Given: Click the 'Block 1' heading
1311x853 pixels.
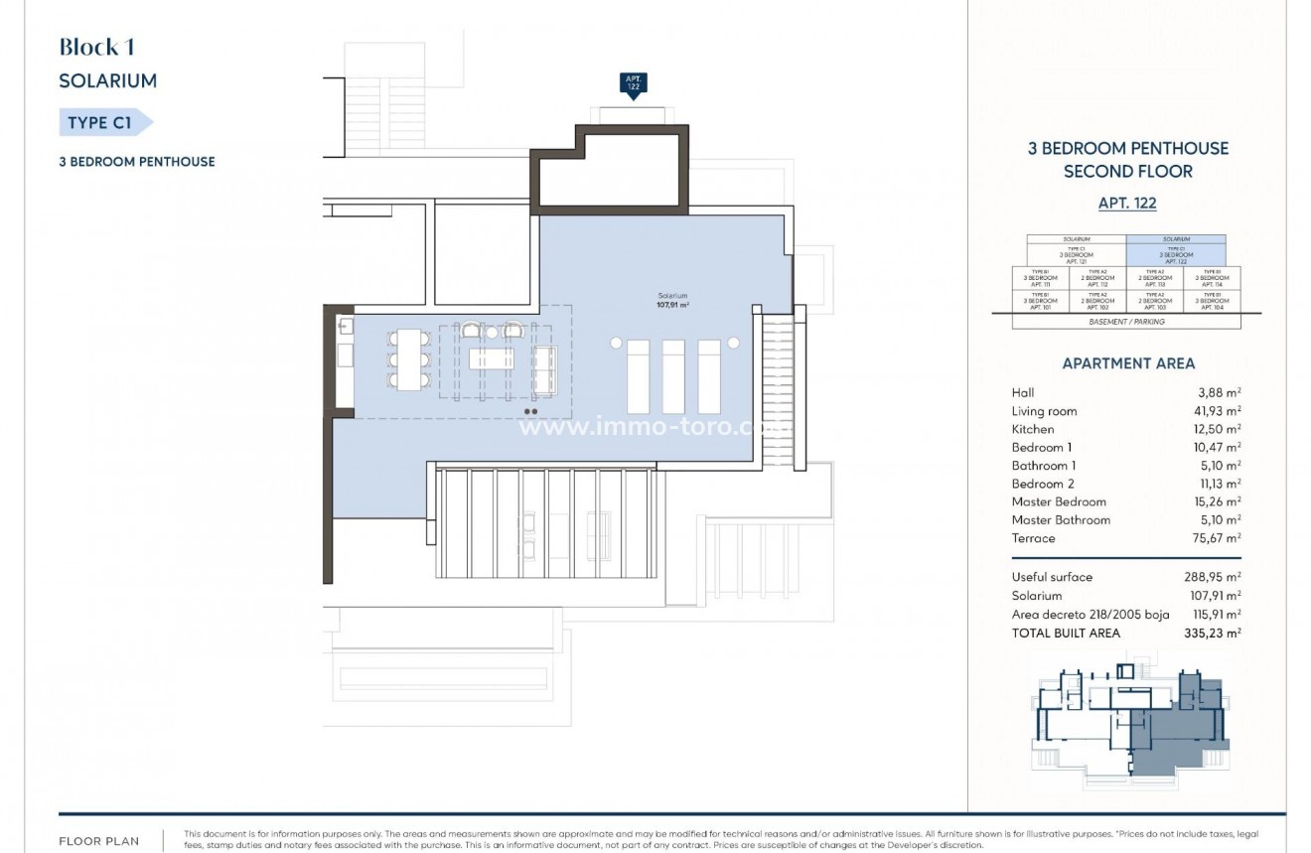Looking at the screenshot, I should point(96,47).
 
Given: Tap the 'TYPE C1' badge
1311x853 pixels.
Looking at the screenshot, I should point(102,123).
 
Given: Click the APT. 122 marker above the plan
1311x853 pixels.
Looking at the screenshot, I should point(632,84).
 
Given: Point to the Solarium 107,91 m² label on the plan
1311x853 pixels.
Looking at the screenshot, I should point(672,301).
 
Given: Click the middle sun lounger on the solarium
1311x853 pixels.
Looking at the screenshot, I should point(673,375).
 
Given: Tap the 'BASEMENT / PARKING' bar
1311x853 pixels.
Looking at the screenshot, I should point(1126,322).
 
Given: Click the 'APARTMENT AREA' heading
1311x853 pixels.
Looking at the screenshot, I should point(1128,363).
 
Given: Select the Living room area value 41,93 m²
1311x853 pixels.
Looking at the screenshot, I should point(1215,411).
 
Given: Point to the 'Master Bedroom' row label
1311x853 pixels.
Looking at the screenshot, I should point(1058,501).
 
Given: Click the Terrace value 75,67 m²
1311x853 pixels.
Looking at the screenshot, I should point(1215,538).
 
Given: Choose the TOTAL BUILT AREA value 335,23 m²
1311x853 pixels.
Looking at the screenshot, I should point(1215,633).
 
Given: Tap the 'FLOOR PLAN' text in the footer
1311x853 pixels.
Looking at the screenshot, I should point(98,839).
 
